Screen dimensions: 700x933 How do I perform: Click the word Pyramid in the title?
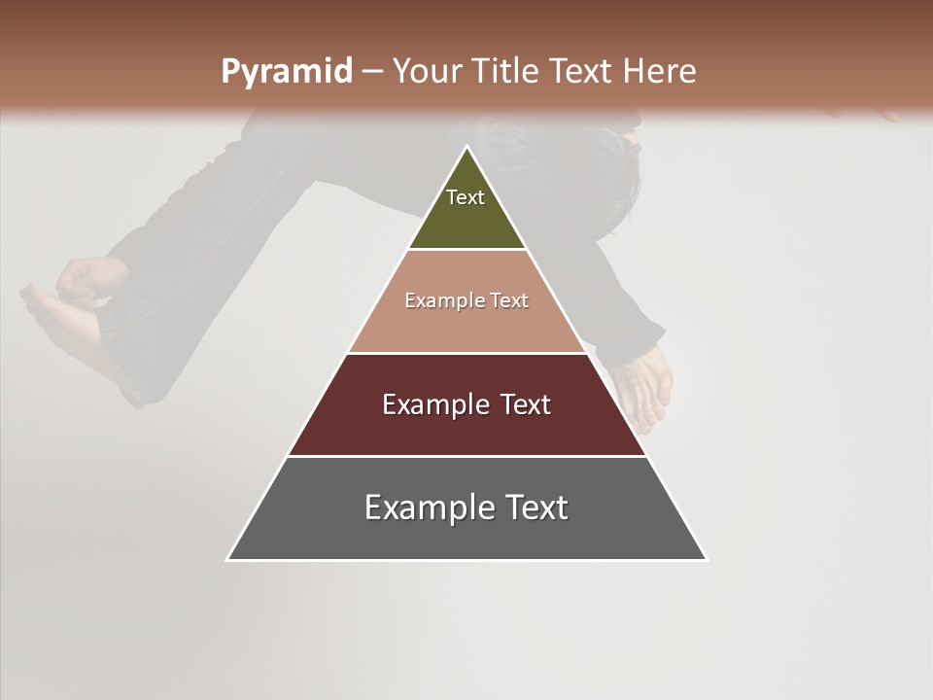click(287, 72)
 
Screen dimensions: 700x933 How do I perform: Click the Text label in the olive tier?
click(466, 197)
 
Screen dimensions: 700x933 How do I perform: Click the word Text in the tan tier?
click(510, 300)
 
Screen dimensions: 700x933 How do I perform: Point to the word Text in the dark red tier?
click(526, 404)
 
